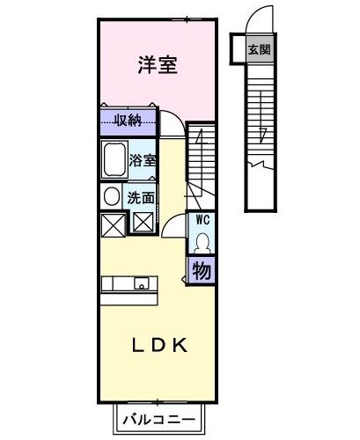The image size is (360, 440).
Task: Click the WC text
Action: pos(202,218)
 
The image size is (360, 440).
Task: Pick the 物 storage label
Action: pos(202,272)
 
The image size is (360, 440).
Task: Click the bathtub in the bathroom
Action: pos(114,161)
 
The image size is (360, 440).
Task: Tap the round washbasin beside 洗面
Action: pos(113,196)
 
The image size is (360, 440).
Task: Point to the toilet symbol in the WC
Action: pos(202,241)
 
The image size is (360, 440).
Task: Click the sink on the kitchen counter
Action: pos(139,284)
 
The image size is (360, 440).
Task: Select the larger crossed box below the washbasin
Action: pos(113,225)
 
